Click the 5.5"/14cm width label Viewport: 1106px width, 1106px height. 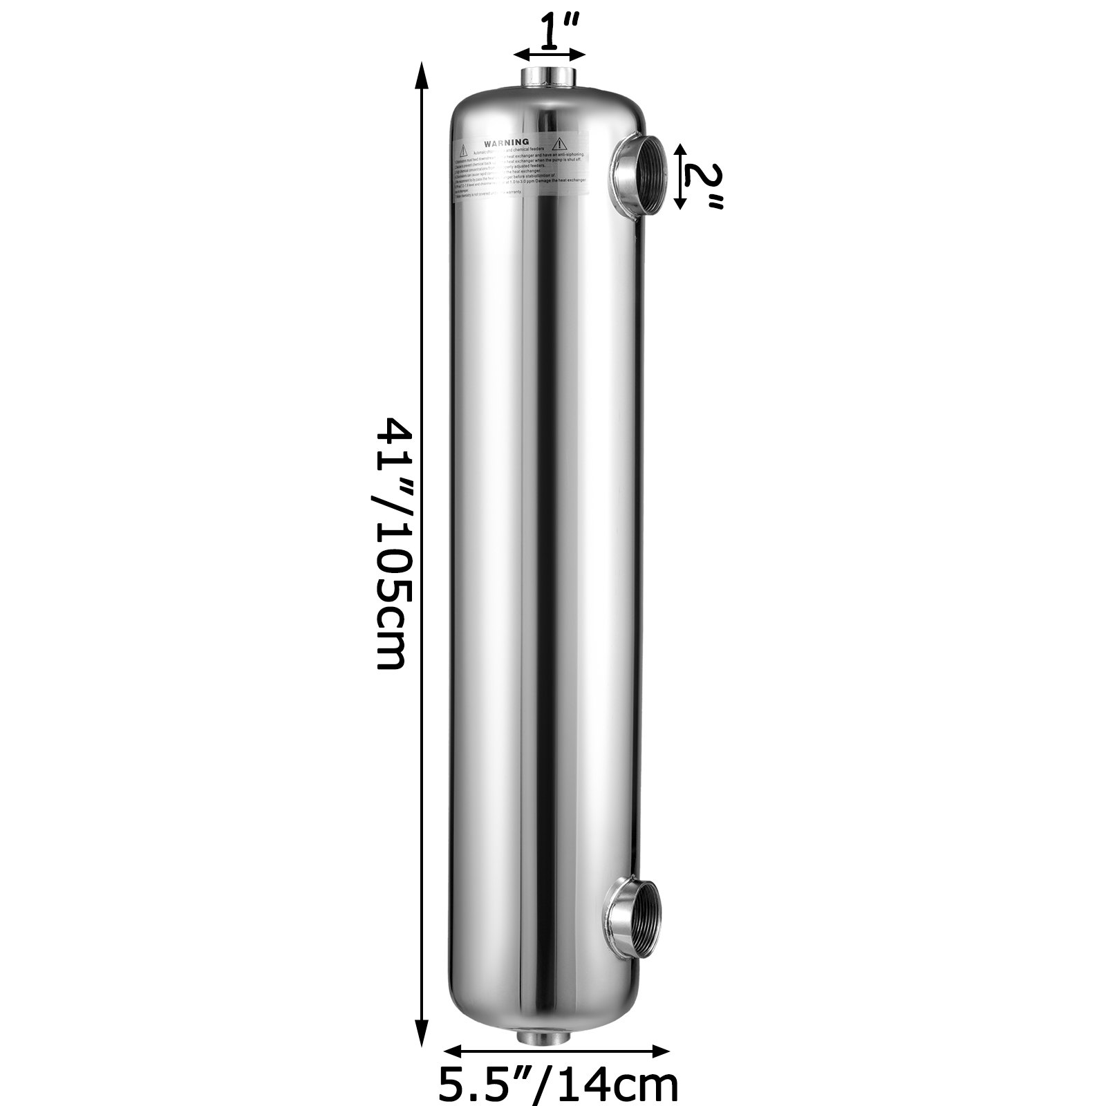point(559,1084)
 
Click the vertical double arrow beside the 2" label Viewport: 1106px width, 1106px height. point(681,176)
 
